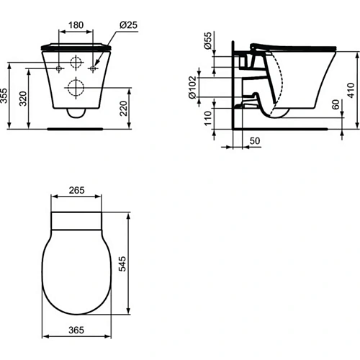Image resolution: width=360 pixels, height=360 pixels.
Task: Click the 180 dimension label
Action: (76, 25)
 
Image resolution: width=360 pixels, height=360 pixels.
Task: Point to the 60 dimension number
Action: (336, 105)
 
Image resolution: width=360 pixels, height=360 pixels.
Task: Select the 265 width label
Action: (77, 191)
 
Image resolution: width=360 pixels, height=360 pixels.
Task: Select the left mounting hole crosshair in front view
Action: (58, 68)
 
